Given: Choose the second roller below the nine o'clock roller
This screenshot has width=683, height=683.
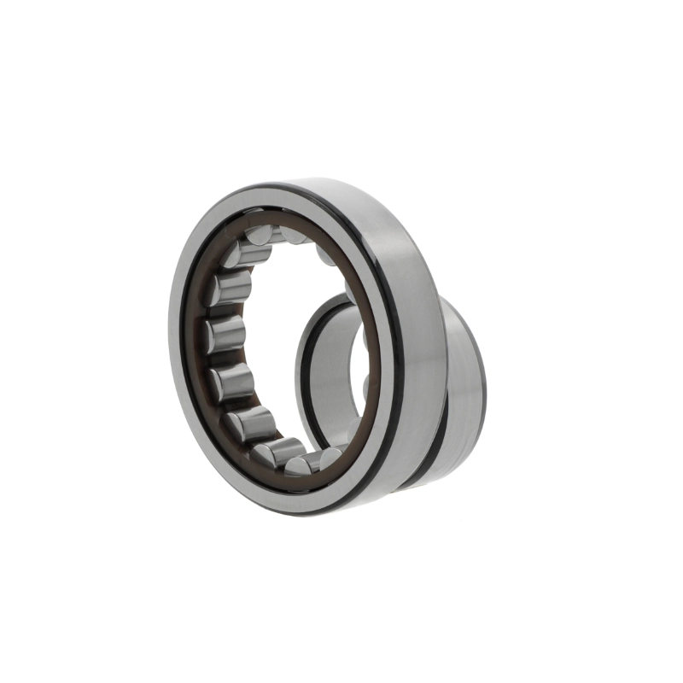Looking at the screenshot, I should [x=252, y=423].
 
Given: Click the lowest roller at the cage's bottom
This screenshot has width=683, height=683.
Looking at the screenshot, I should [x=301, y=464].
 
